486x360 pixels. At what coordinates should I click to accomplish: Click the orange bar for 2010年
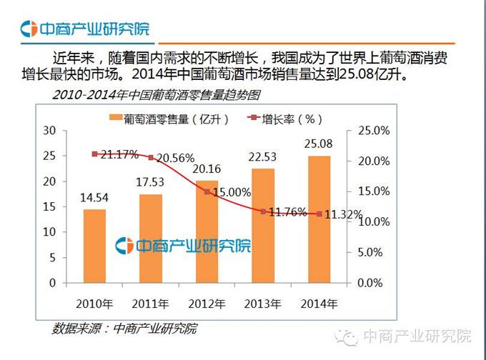94,245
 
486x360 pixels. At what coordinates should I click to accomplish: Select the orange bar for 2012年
206,231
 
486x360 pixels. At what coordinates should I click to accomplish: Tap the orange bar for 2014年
319,219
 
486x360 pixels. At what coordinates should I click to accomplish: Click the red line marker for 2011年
150,157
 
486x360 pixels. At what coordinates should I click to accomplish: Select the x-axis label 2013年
262,303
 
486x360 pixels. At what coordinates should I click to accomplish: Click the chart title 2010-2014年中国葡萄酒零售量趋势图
155,95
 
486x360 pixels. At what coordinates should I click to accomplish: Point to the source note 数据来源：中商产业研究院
124,329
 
